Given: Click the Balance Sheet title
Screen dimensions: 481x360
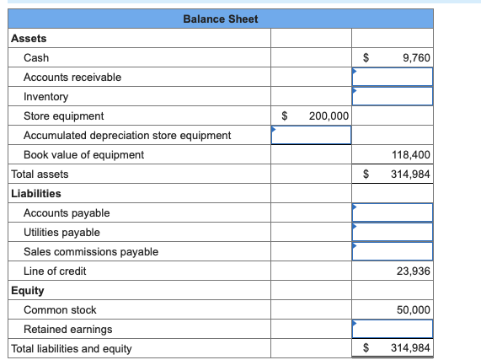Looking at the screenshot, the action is (x=220, y=19).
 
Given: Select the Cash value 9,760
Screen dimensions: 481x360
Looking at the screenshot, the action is (x=416, y=57).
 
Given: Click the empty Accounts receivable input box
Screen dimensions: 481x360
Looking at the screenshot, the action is (x=393, y=77).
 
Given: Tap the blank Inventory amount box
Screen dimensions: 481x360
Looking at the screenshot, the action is (x=393, y=96).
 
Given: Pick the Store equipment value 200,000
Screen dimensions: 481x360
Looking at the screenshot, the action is (x=329, y=116).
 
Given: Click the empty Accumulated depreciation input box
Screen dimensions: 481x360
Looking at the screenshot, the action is (x=311, y=135).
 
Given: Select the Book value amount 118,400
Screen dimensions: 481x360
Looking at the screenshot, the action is (x=411, y=154).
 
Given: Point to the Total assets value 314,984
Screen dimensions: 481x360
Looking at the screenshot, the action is (x=410, y=174).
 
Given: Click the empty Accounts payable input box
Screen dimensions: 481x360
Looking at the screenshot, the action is (x=393, y=212).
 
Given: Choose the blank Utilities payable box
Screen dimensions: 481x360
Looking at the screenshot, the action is (x=393, y=232).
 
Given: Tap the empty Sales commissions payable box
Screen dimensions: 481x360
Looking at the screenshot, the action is (x=393, y=251).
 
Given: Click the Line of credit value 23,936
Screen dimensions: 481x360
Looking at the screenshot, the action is (x=413, y=271).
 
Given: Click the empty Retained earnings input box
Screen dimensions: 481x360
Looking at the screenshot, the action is (x=393, y=329).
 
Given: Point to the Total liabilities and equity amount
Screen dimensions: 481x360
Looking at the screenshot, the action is (x=410, y=348).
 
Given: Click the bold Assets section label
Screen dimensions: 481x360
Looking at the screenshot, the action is (x=29, y=38).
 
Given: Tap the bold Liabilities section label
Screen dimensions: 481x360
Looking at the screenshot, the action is (x=35, y=193).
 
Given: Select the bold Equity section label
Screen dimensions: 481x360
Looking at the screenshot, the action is (x=27, y=290).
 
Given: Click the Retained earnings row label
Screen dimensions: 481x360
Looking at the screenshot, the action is (x=67, y=329).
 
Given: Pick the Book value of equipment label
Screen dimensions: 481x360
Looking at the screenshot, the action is (x=83, y=154).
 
